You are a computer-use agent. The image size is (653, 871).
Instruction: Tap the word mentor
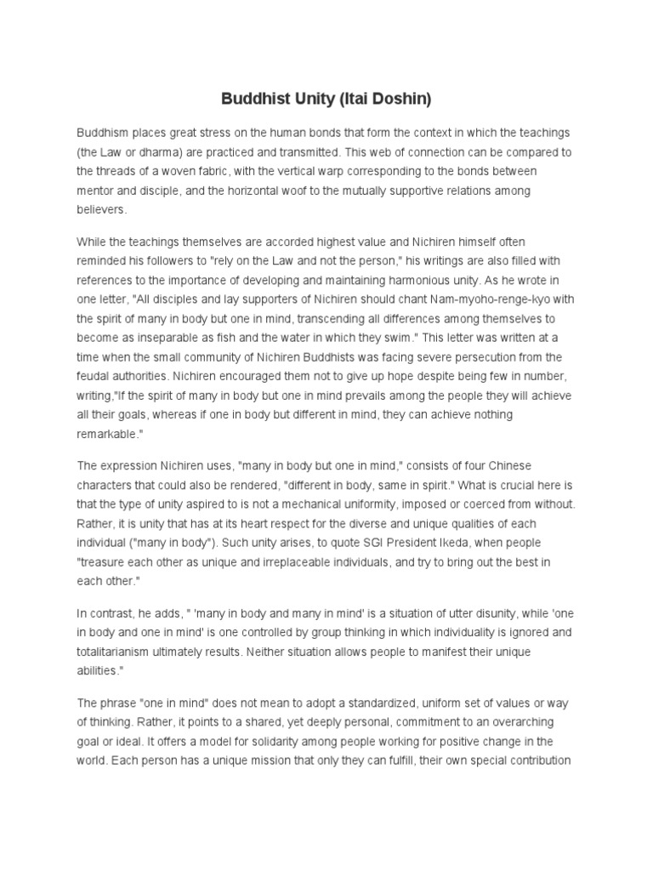click(97, 191)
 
